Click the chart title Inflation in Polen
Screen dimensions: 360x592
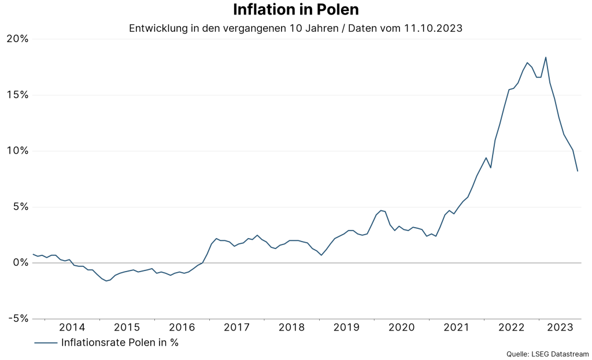(x=295, y=10)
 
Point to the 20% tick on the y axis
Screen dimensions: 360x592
(x=17, y=39)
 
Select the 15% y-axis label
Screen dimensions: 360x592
(x=17, y=95)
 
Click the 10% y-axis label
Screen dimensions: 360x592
(x=17, y=151)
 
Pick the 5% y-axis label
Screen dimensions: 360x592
(x=20, y=207)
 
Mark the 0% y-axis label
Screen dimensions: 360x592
(x=20, y=263)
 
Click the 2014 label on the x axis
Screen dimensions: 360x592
(x=72, y=328)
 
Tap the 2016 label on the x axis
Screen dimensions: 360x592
(x=182, y=328)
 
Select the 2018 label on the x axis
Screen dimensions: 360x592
(x=292, y=328)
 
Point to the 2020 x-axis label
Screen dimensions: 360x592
(x=402, y=328)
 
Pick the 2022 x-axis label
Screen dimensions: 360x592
(x=512, y=328)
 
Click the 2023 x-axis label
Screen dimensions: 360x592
(x=560, y=328)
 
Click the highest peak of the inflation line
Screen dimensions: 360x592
(x=546, y=57)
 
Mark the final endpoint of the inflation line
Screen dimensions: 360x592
(x=578, y=171)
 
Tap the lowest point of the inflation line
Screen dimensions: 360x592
(x=106, y=281)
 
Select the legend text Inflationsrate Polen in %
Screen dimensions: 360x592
(x=120, y=342)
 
